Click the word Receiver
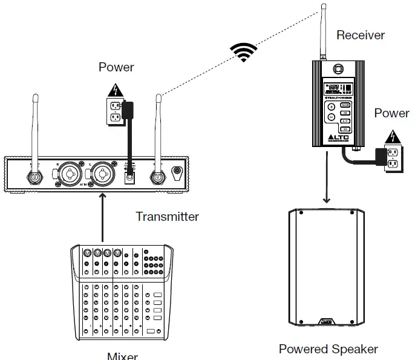click(x=361, y=35)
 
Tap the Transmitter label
click(x=167, y=216)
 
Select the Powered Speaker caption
click(x=328, y=349)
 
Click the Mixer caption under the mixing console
click(x=122, y=356)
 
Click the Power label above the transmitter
click(x=116, y=67)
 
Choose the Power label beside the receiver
click(x=391, y=113)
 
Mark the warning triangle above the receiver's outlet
click(x=393, y=136)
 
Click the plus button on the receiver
click(x=331, y=106)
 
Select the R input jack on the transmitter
click(x=69, y=175)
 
